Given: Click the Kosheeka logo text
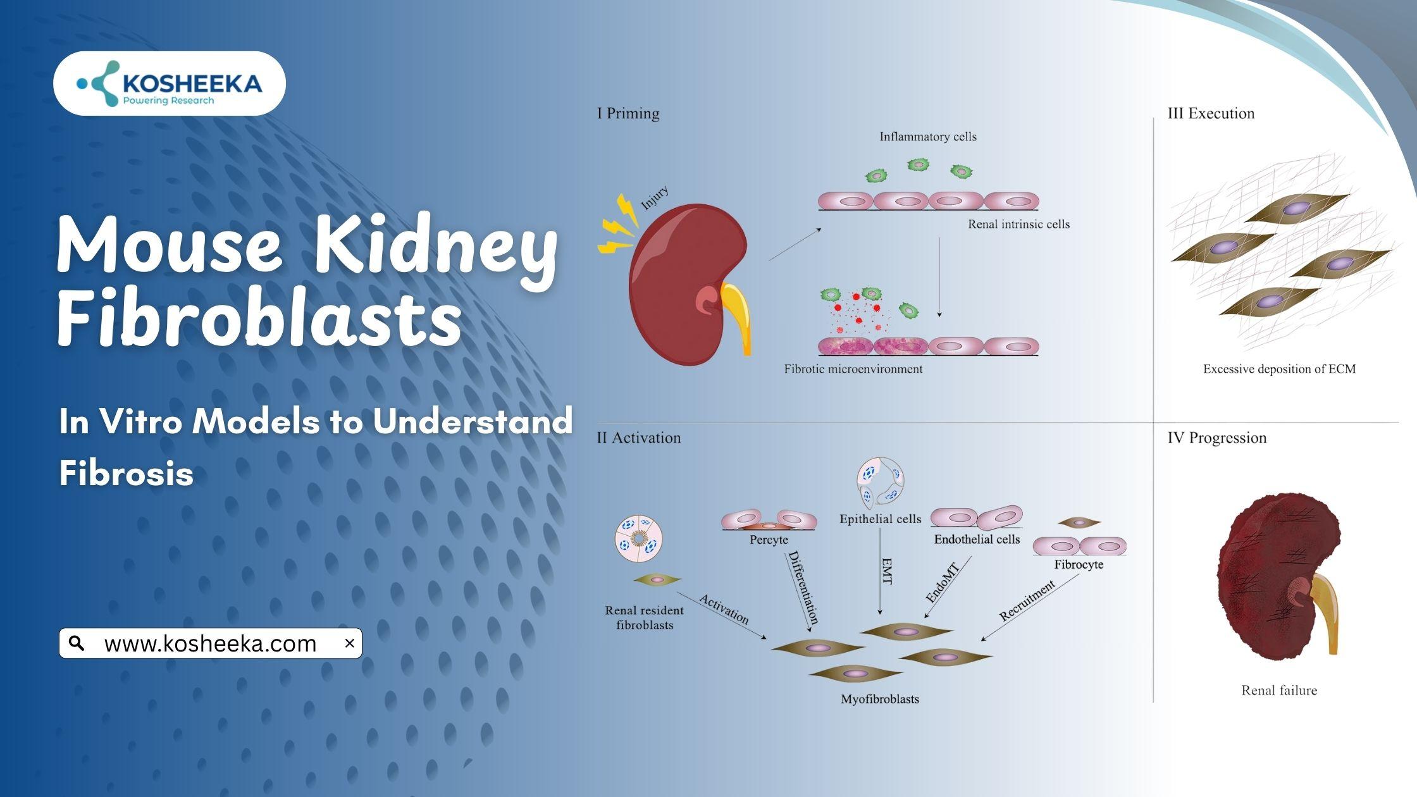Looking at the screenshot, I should (192, 84).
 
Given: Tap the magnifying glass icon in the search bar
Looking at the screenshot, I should (77, 643).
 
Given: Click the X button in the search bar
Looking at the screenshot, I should (349, 643).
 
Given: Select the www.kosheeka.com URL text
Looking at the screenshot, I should (210, 644).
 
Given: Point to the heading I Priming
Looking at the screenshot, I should (628, 114).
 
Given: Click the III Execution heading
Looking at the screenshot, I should (1211, 114).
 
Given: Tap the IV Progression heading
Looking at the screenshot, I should (1216, 438).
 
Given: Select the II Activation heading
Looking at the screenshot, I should (639, 438).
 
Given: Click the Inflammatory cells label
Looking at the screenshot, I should (927, 137).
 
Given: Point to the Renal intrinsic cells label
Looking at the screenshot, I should (1018, 224).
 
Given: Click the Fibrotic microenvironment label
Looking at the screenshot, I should (853, 369).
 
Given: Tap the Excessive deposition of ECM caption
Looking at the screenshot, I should (1279, 369).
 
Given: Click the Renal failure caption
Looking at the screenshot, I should (1279, 691).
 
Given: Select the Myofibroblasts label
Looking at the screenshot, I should (879, 699).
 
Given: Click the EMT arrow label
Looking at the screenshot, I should (887, 571).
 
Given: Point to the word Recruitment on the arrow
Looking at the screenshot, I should (1027, 600).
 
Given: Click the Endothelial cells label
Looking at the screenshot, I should (977, 540).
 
